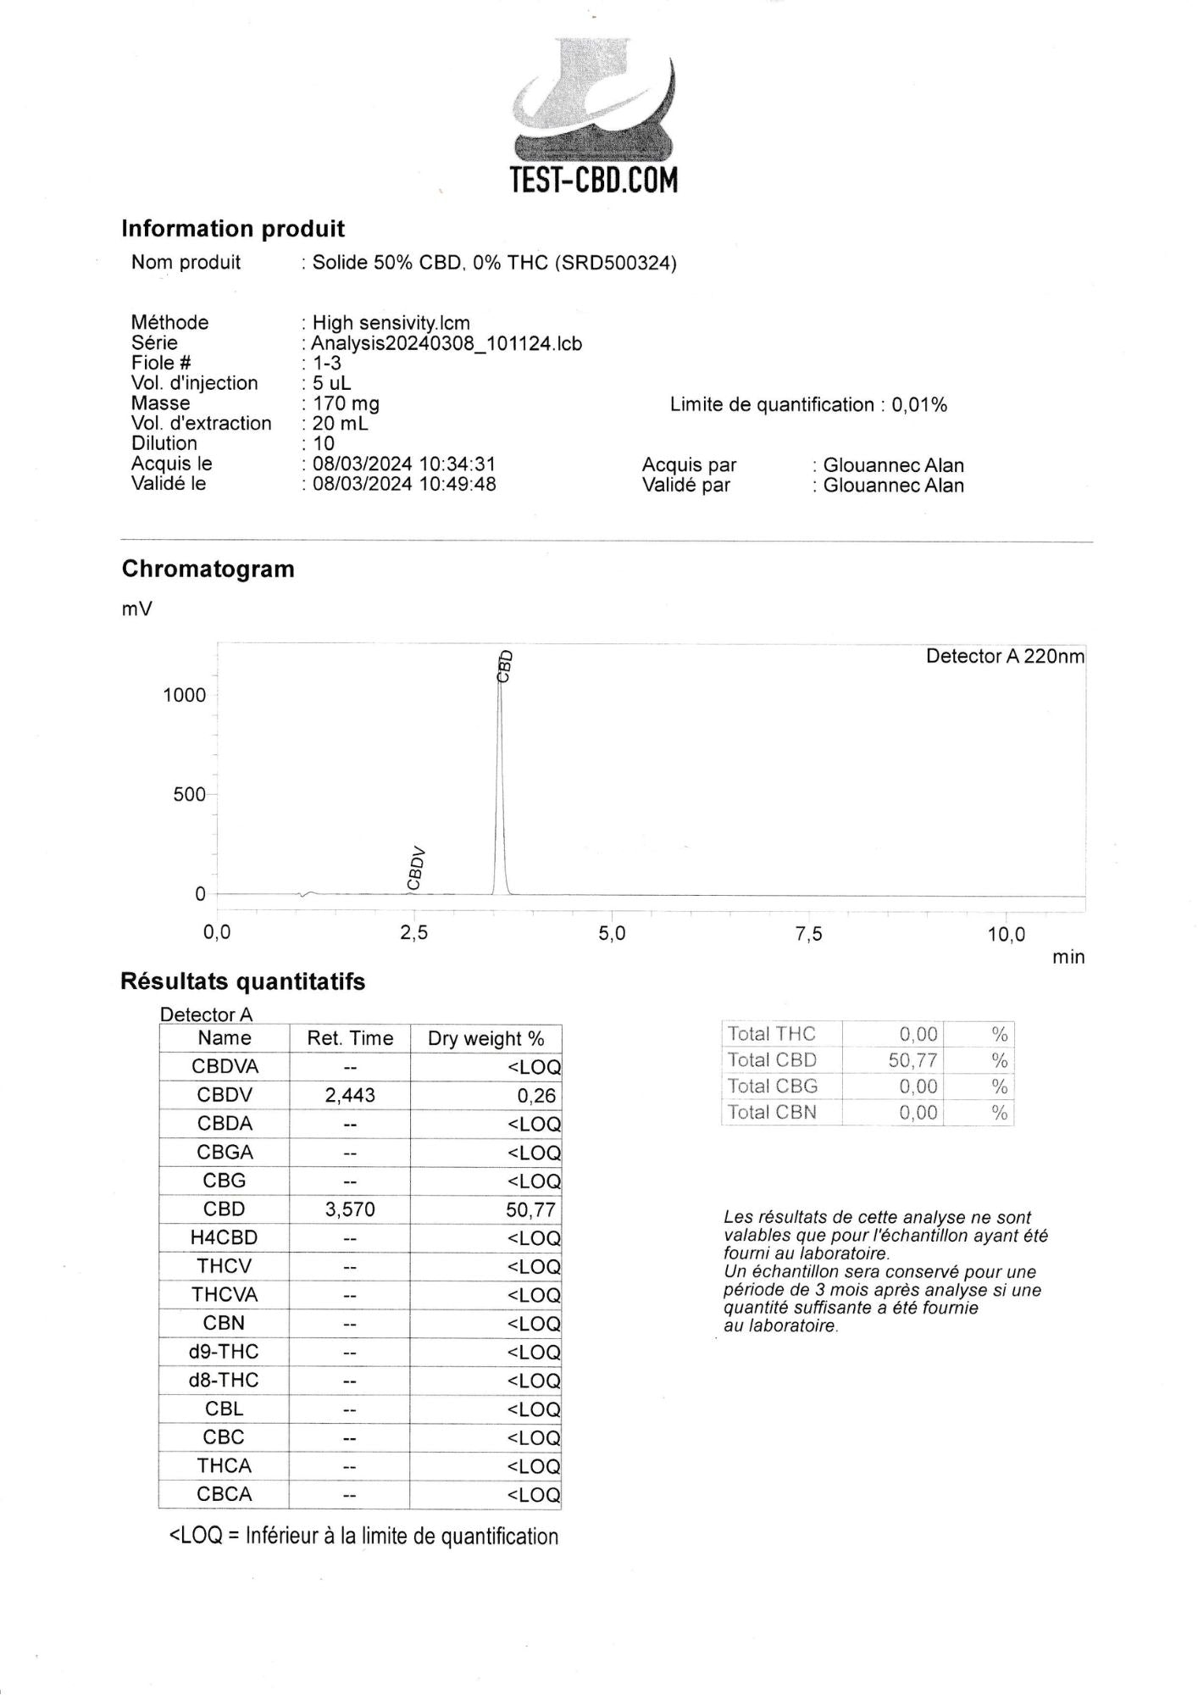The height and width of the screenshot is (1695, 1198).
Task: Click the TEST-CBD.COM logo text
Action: [594, 181]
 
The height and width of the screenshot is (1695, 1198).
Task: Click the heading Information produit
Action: [233, 229]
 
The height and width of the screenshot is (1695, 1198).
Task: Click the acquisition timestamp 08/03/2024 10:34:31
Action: [404, 464]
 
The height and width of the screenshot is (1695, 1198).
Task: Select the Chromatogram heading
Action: [208, 569]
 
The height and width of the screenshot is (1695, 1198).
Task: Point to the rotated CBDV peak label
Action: [414, 867]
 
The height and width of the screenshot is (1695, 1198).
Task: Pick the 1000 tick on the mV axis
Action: [185, 695]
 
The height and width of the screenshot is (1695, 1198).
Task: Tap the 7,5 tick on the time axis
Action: [809, 934]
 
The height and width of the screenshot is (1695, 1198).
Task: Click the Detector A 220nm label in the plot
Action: [1004, 656]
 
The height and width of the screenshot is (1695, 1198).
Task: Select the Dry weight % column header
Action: [485, 1038]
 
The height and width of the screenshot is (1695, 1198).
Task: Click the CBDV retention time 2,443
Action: [350, 1095]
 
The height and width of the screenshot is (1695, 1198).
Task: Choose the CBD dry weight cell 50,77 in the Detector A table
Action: [530, 1209]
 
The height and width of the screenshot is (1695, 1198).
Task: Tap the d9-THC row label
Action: [224, 1352]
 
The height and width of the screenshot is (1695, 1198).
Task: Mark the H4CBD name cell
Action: [224, 1237]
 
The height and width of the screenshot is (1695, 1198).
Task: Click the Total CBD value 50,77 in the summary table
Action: [912, 1060]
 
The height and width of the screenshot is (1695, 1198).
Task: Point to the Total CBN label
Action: [772, 1112]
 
